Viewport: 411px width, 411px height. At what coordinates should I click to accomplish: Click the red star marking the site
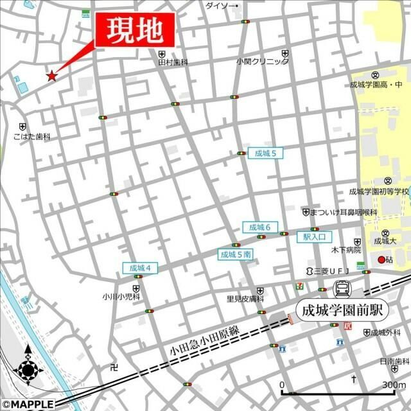pyautogui.click(x=51, y=76)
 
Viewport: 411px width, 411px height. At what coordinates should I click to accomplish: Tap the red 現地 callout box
pyautogui.click(x=134, y=30)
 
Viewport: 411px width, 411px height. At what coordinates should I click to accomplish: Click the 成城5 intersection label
pyautogui.click(x=265, y=153)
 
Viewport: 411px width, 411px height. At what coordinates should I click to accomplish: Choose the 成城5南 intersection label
pyautogui.click(x=236, y=254)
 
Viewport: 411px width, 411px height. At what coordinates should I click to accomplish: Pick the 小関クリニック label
pyautogui.click(x=262, y=62)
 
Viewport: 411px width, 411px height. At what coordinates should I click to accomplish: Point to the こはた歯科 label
pyautogui.click(x=31, y=137)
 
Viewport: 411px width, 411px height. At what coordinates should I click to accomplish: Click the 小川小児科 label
pyautogui.click(x=121, y=297)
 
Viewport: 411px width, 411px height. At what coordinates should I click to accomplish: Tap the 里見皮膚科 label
pyautogui.click(x=245, y=299)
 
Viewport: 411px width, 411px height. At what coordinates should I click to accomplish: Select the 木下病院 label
pyautogui.click(x=346, y=250)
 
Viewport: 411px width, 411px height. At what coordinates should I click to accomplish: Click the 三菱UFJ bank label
pyautogui.click(x=327, y=271)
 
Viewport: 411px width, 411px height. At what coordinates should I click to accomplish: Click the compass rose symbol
pyautogui.click(x=28, y=371)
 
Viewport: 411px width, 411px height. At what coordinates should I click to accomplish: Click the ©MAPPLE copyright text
pyautogui.click(x=28, y=405)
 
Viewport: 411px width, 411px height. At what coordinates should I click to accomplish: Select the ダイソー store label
pyautogui.click(x=220, y=6)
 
